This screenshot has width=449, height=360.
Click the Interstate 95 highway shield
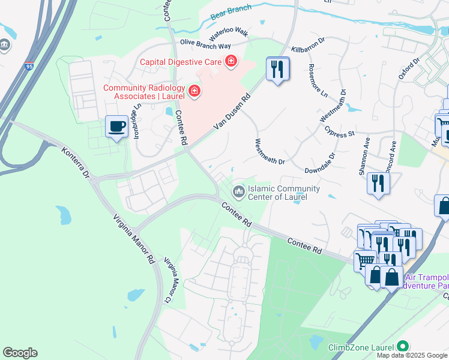pos(29,65)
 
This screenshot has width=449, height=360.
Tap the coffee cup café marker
pos(116,127)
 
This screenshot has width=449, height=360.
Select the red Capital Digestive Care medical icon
pos(231,61)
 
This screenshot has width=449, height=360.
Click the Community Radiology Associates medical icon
pos(194,91)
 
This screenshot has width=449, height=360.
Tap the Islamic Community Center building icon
pos(239,191)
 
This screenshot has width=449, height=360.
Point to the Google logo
pos(20,353)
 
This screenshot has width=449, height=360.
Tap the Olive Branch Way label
pos(206,46)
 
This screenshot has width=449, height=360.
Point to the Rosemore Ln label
pos(318,80)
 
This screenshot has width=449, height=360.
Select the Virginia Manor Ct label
pos(171,280)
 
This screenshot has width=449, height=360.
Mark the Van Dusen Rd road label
pos(231,114)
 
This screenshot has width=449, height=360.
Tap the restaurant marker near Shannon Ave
pos(378,183)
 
